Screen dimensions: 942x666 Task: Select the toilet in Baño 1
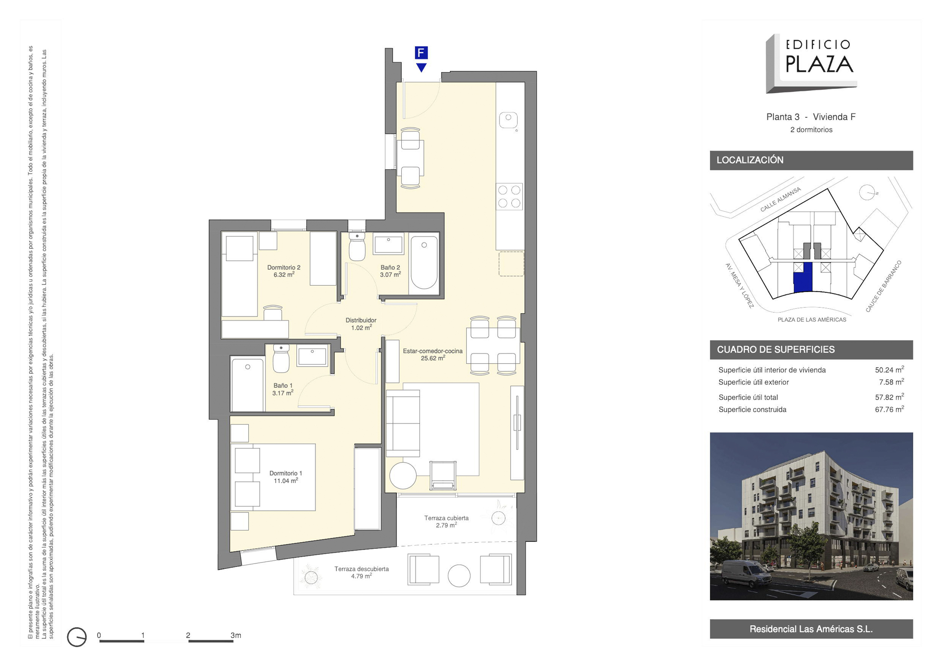[281, 358]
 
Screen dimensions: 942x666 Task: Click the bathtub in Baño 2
[424, 263]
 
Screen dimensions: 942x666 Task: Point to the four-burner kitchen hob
[509, 196]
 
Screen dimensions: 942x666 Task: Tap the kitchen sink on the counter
[508, 120]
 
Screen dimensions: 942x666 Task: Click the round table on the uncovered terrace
[459, 576]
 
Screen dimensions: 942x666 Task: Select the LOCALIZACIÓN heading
[750, 160]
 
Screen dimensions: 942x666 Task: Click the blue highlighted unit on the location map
[803, 278]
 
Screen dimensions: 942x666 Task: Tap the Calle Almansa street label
[781, 199]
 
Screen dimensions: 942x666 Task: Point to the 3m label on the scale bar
[236, 635]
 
